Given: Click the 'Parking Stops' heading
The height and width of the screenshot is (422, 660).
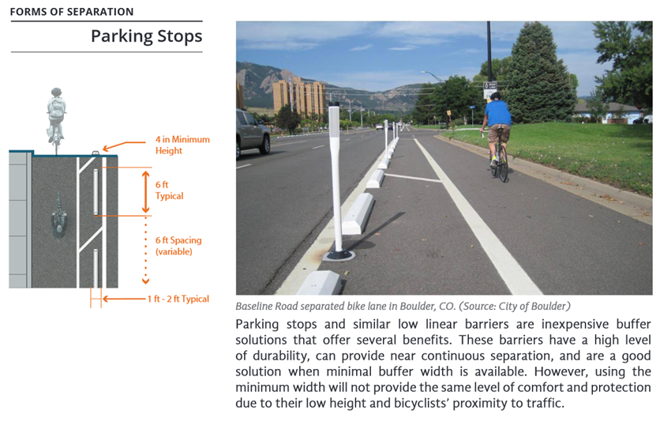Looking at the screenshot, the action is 147,36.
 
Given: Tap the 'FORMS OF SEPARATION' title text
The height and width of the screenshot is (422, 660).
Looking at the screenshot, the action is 72,12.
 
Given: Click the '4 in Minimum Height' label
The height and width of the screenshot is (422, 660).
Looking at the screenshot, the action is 182,145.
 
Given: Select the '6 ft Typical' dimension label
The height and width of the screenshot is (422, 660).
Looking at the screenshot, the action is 169,190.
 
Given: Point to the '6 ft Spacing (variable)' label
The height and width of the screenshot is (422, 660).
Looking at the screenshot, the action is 178,246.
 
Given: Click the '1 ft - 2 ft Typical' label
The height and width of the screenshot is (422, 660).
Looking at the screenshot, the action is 178,299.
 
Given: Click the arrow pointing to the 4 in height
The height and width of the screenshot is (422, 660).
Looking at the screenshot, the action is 124,145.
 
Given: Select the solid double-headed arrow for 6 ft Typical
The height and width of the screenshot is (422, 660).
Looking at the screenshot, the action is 145,191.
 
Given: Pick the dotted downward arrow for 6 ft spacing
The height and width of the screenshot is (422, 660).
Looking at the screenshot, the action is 145,251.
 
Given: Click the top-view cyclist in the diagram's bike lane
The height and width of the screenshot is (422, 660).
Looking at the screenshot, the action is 59,217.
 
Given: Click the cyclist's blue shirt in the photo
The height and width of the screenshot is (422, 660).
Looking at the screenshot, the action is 497,113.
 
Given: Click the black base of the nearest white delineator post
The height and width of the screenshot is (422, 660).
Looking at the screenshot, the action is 339,254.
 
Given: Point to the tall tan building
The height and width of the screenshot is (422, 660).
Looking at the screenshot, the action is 299,96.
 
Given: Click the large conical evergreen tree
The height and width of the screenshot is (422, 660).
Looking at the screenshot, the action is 538,73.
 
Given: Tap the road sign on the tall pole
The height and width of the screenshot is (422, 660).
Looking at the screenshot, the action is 490,91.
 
